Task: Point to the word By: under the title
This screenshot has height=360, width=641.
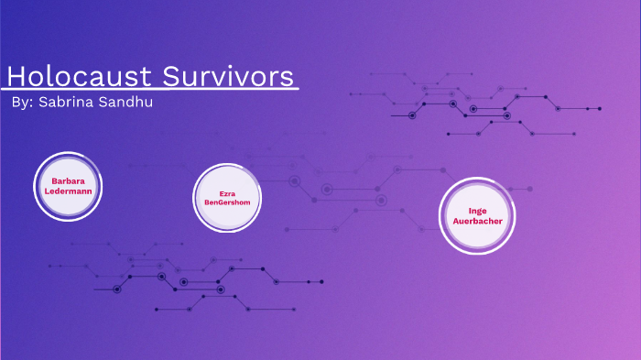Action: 23,103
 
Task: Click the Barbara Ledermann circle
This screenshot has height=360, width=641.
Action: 67,186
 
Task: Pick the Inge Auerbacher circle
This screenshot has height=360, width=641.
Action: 478,215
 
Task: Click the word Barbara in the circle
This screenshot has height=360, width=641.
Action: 68,180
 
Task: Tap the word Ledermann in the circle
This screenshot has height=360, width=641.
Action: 68,191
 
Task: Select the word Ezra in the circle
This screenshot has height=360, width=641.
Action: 227,193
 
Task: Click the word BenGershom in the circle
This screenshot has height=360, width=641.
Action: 227,202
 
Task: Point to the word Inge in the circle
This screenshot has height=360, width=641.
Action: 478,211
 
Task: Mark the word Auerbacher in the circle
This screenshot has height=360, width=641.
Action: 478,221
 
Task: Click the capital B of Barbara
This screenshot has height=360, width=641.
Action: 54,180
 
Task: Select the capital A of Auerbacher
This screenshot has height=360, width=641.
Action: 458,221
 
